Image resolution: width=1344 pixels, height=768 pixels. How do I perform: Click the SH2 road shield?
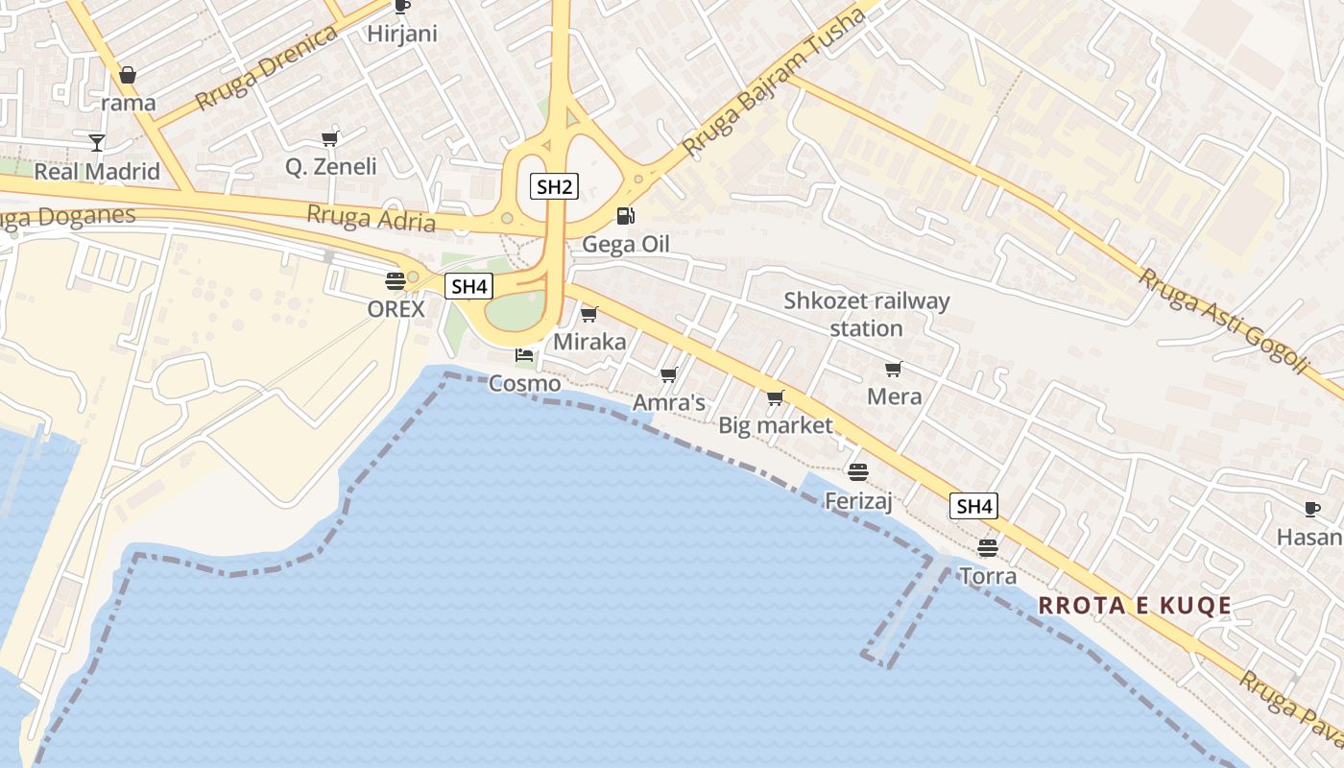click(x=554, y=186)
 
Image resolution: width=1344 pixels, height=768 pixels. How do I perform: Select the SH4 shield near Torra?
click(x=973, y=506)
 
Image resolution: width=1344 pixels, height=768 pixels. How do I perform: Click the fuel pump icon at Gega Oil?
click(x=625, y=216)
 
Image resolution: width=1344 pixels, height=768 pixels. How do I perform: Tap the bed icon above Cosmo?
click(x=524, y=355)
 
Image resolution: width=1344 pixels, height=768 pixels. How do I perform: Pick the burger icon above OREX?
click(x=395, y=280)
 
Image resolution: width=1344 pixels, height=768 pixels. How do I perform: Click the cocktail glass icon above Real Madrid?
click(x=97, y=143)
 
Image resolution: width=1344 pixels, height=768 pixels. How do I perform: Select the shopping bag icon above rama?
click(x=128, y=74)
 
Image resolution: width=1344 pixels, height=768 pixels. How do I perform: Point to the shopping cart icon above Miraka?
click(x=589, y=314)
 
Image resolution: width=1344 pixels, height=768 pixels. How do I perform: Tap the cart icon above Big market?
click(x=776, y=397)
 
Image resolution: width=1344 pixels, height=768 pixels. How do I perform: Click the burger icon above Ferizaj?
click(x=858, y=471)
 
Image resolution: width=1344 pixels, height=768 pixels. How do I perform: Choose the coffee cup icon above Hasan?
click(x=1311, y=509)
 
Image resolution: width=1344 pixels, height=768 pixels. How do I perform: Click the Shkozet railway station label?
click(x=866, y=314)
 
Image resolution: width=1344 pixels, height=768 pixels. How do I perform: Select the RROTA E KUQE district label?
click(x=1135, y=605)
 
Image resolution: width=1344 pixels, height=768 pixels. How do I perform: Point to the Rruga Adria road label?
click(x=371, y=218)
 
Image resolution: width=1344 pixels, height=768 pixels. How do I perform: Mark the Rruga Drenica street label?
click(x=266, y=68)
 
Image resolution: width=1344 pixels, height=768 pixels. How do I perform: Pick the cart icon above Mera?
click(x=894, y=369)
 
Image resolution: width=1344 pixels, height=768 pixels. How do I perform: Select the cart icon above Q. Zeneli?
click(x=330, y=138)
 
